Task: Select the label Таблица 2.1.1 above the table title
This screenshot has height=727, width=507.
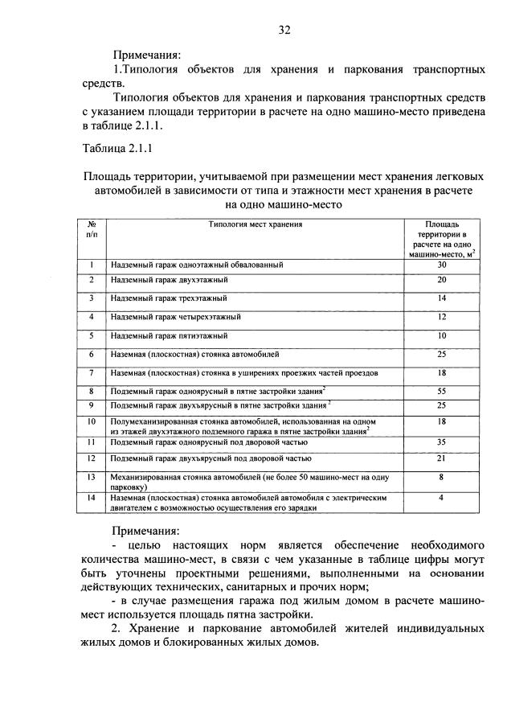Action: [117, 149]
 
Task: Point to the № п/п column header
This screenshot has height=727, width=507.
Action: [92, 230]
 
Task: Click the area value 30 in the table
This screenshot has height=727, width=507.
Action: [441, 265]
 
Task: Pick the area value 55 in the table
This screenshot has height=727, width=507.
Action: [441, 389]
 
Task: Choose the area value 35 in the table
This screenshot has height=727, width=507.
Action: [441, 442]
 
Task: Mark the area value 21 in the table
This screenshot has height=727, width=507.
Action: [441, 458]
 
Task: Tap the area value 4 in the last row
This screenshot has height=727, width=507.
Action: [441, 498]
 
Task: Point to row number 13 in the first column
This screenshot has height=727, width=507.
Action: [92, 477]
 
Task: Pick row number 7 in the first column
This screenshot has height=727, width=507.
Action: [92, 372]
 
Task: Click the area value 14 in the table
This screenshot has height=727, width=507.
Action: [441, 298]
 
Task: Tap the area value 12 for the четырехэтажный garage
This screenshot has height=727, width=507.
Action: [441, 316]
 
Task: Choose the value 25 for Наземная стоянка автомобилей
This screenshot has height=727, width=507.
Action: [441, 354]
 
